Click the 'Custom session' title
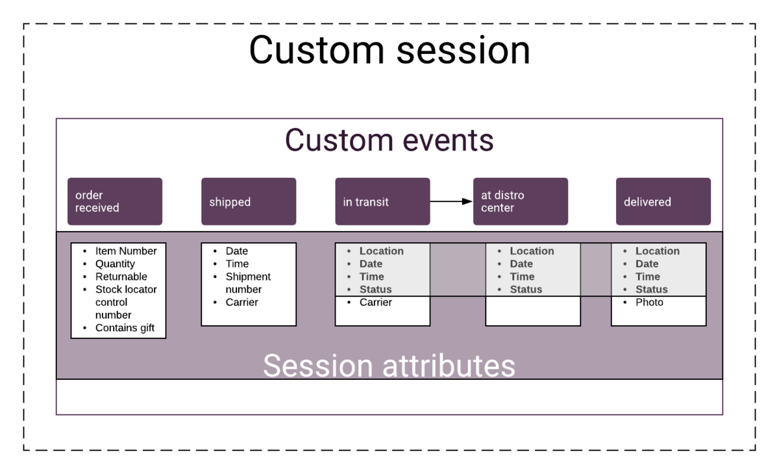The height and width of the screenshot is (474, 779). (x=389, y=50)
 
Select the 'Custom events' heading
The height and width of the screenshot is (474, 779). (x=389, y=140)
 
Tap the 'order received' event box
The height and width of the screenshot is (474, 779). (x=115, y=201)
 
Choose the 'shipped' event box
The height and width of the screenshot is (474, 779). (x=249, y=201)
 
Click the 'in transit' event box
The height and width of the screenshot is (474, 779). (x=382, y=201)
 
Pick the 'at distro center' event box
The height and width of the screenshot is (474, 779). (x=521, y=201)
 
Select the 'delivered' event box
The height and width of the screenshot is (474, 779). (x=663, y=201)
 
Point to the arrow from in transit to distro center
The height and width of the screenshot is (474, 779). (x=451, y=201)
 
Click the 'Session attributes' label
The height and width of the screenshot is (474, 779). (x=389, y=366)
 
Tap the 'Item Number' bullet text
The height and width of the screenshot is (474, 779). (x=126, y=251)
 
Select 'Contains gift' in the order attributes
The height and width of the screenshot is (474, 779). (x=125, y=328)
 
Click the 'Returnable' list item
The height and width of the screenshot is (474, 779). (x=121, y=277)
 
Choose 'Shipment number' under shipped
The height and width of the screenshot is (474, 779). (x=248, y=283)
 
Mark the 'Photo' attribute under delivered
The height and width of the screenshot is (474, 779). (x=649, y=303)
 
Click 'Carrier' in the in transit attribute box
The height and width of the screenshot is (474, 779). (x=376, y=303)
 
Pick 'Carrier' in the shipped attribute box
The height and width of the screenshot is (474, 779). (x=241, y=303)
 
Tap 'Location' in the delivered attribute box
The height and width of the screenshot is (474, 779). (x=657, y=251)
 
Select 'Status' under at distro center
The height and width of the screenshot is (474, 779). (x=526, y=290)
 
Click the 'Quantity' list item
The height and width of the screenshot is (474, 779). (x=115, y=264)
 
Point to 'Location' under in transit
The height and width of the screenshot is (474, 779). (x=382, y=251)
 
